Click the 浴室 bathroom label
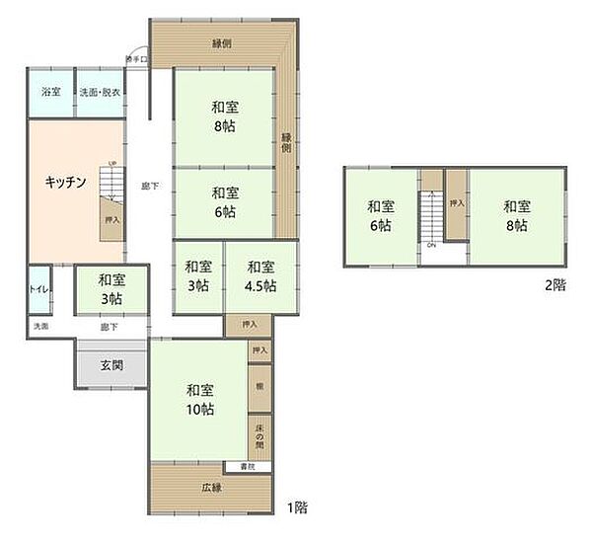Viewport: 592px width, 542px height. tap(50, 92)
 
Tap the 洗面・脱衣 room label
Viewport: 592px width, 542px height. tap(100, 92)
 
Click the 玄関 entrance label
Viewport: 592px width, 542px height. tap(111, 365)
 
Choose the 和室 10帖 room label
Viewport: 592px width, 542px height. tap(199, 401)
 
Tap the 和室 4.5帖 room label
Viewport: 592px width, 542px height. tap(261, 275)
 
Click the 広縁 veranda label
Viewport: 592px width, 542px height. tap(211, 488)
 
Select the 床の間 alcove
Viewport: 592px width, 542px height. tap(259, 434)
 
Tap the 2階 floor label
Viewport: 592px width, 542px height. tap(555, 285)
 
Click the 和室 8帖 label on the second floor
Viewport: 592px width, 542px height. tap(517, 215)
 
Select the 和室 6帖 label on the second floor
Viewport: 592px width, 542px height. tap(381, 215)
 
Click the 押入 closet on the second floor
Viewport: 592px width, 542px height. tap(457, 202)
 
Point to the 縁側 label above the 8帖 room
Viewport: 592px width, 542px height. tap(222, 42)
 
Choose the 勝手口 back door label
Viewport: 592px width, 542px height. tap(135, 59)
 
